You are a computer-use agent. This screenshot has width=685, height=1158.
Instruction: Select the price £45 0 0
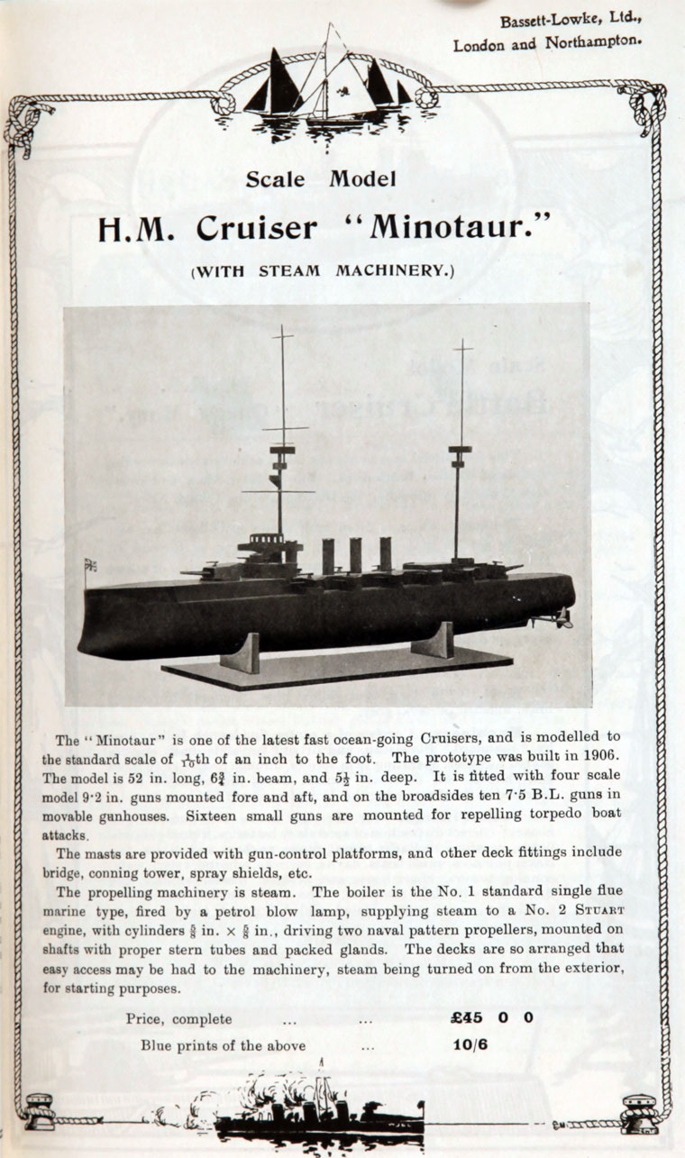tap(491, 1017)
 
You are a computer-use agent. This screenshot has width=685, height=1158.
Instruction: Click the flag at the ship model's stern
tap(91, 566)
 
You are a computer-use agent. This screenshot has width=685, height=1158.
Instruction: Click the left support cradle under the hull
tap(241, 652)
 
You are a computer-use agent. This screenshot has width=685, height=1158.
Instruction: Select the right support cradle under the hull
tap(434, 640)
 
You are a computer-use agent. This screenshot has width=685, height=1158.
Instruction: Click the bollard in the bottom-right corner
tap(637, 1111)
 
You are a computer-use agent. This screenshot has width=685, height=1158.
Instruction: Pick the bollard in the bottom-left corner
tap(40, 1110)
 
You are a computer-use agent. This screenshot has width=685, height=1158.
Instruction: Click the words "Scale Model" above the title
tap(321, 178)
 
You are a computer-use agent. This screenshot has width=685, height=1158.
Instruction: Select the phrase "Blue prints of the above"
tap(223, 1045)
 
